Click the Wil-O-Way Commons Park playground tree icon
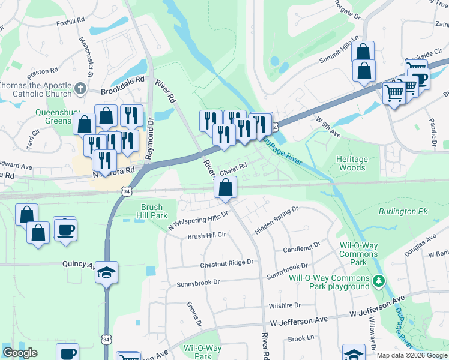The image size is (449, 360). click(378, 280)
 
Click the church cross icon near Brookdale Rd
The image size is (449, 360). click(80, 90)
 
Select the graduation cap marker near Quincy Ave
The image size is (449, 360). click(106, 272)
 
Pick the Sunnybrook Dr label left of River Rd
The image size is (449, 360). click(198, 281)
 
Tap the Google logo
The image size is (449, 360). click(20, 353)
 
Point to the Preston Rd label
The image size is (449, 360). click(42, 71)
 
